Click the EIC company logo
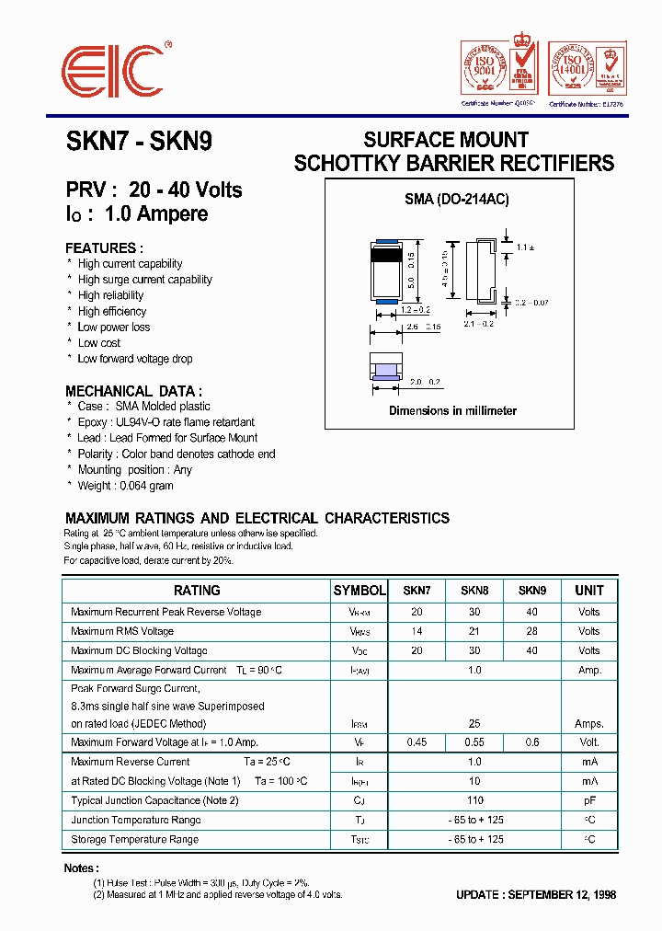pos(112,70)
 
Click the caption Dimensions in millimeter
pos(452,411)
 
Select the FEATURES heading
pos(104,248)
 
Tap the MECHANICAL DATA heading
pos(133,390)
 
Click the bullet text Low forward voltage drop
pos(134,359)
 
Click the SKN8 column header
pos(474,591)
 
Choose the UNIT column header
pos(589,591)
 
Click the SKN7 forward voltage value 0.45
pos(417,742)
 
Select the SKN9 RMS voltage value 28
pos(531,631)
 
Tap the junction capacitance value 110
pos(474,800)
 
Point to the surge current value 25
pos(474,724)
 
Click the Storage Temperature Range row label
pos(134,839)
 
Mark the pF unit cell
pos(589,800)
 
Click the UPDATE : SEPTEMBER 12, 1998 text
pos(536,895)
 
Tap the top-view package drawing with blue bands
pos(387,271)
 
